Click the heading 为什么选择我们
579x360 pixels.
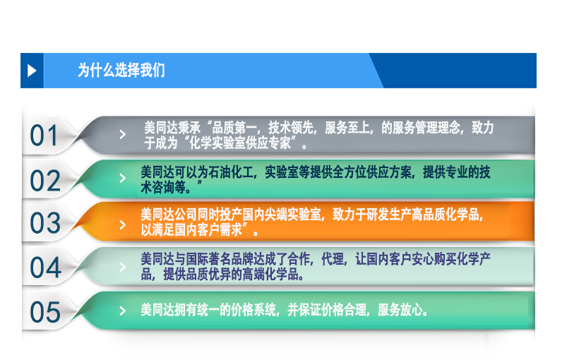click(121, 70)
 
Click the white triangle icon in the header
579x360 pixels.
click(32, 71)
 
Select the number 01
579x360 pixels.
click(44, 136)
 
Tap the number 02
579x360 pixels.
click(45, 181)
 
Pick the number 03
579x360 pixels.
click(45, 223)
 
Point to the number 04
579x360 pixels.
click(45, 268)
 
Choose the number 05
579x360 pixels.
click(45, 312)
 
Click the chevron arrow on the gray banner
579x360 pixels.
click(123, 134)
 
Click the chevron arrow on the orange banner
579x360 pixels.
click(123, 225)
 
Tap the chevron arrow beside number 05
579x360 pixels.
click(123, 311)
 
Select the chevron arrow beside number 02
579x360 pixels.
click(123, 179)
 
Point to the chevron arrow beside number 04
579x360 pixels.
click(123, 267)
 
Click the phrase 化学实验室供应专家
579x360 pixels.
click(240, 143)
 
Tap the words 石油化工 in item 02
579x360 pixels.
click(231, 172)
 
